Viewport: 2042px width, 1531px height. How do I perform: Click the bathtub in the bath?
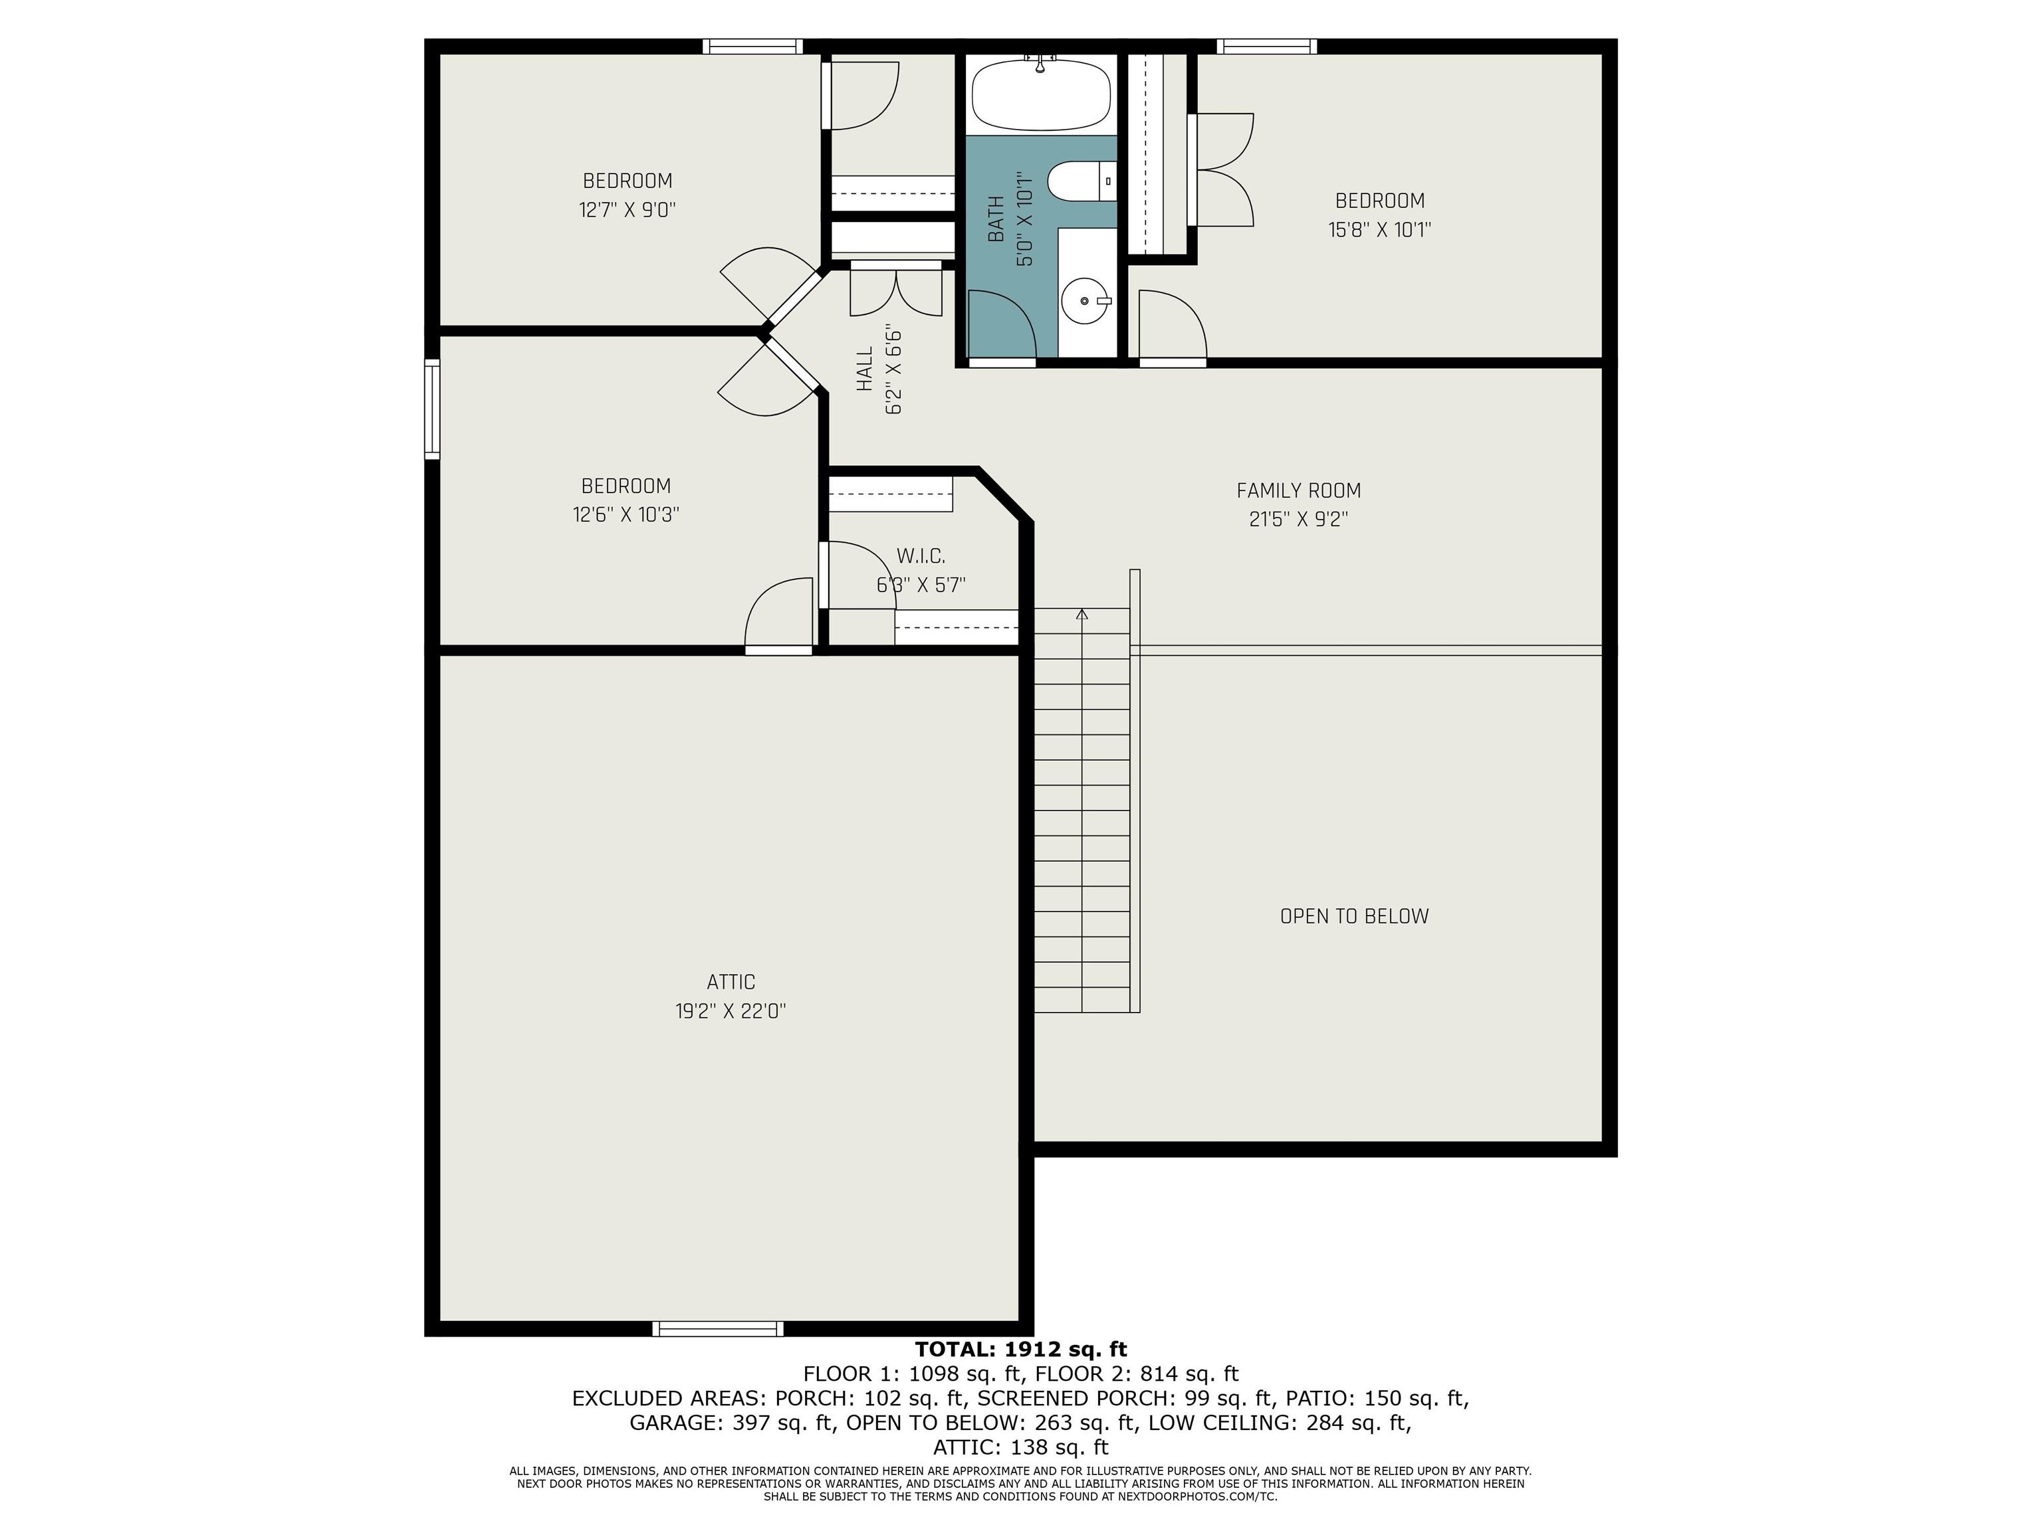point(1042,95)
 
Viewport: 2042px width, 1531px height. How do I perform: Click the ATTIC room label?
point(731,982)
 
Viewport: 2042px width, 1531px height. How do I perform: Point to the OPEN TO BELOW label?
point(1354,916)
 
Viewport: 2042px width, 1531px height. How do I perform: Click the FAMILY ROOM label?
point(1299,491)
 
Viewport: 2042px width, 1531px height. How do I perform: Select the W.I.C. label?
point(921,556)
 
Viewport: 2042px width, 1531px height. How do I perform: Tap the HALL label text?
point(865,369)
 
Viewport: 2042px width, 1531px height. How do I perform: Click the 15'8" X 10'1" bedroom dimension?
point(1380,230)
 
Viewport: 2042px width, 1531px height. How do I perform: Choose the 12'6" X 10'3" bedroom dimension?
point(626,515)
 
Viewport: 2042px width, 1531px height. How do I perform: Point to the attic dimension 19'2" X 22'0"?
point(731,1011)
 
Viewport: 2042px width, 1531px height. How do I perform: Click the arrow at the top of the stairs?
point(1083,615)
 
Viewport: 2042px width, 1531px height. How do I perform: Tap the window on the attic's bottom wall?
point(718,1329)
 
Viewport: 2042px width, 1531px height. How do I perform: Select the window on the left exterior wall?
point(432,409)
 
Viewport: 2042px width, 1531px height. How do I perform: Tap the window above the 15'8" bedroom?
point(1266,46)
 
